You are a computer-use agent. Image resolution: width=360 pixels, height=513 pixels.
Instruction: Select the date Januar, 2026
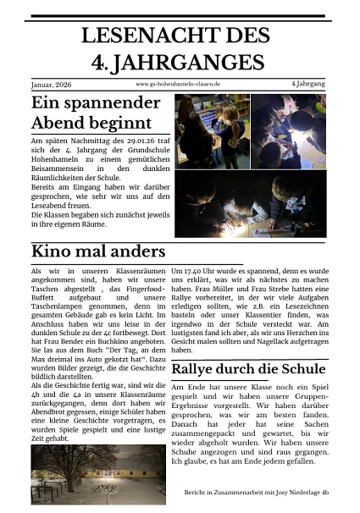(53, 85)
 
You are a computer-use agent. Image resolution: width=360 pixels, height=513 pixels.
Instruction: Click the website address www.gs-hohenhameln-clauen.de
(178, 85)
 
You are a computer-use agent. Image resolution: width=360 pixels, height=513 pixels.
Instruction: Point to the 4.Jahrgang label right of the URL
(308, 85)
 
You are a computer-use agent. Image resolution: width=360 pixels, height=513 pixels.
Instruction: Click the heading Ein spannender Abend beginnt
(95, 113)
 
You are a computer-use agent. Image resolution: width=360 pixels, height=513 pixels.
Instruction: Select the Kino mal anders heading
(97, 251)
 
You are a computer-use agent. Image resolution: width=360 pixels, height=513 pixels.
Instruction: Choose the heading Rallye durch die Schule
(249, 369)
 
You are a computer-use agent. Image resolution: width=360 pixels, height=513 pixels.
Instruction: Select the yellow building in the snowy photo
(127, 483)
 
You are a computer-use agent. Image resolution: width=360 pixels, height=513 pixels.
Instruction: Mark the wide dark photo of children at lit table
(250, 204)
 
